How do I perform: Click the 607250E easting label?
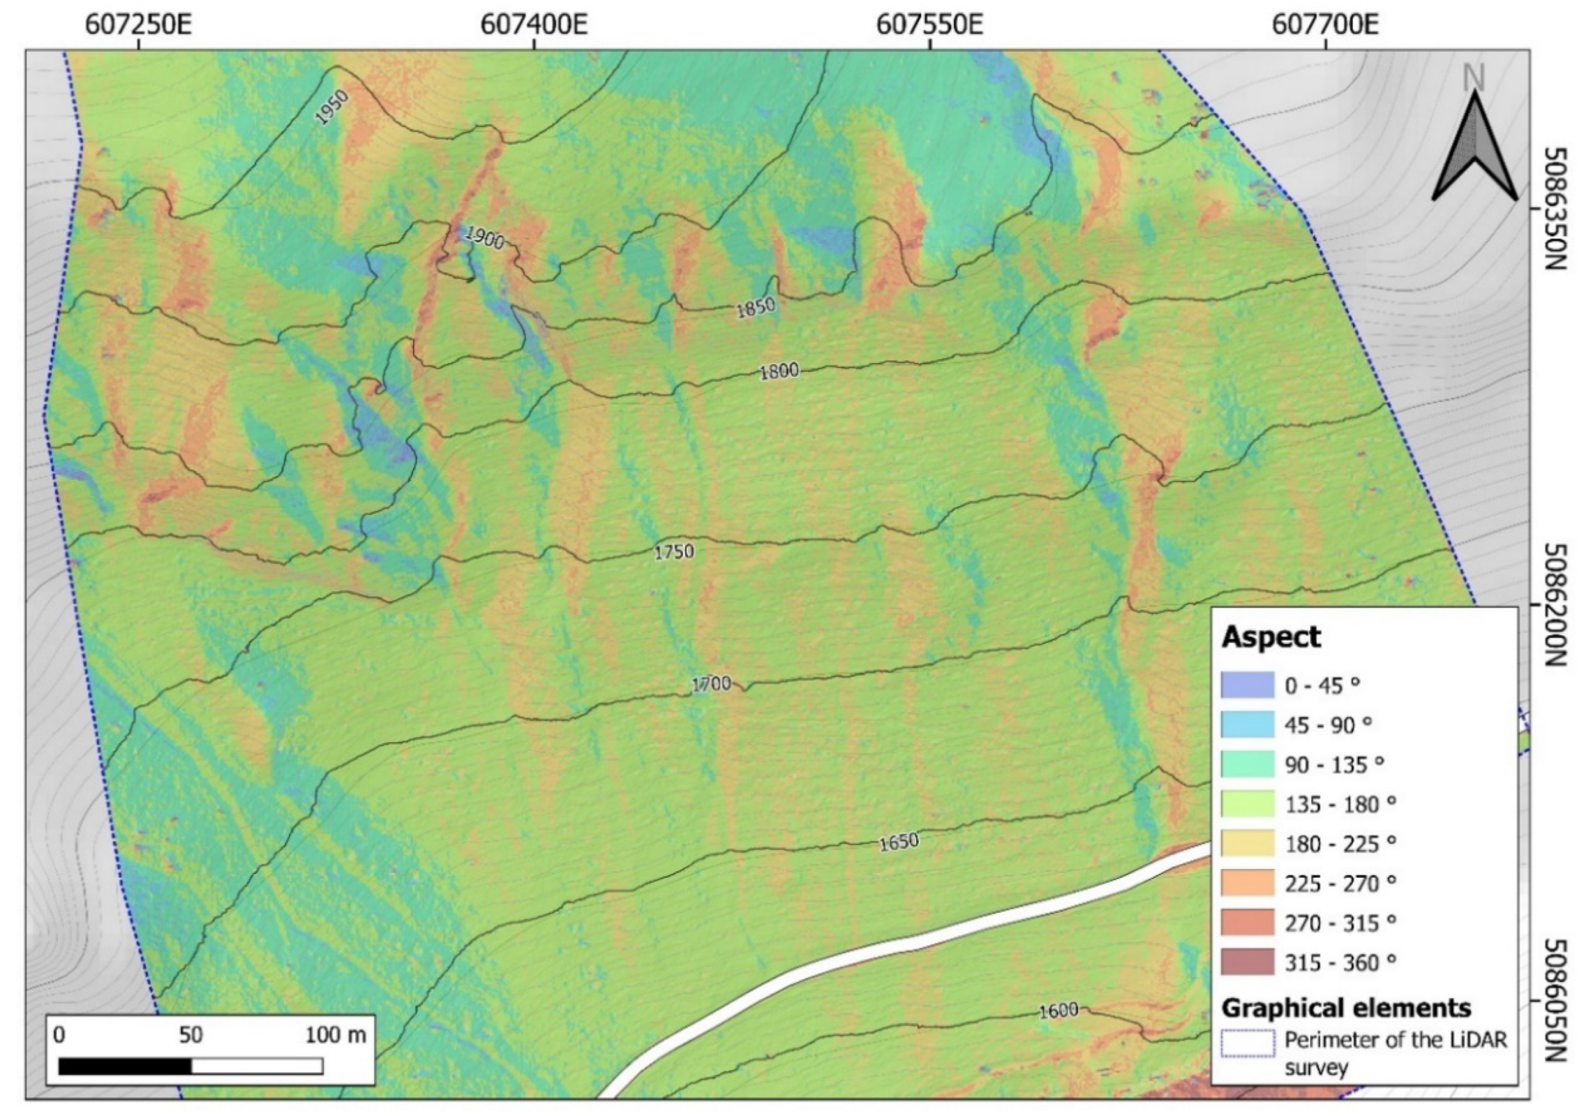pos(138,25)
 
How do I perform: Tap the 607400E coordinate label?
pos(534,25)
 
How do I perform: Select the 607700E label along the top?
pos(1325,25)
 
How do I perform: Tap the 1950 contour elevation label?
pos(332,107)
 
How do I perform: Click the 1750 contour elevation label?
pos(674,552)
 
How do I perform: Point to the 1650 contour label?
pos(899,842)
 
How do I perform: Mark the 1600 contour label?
pos(1058,1011)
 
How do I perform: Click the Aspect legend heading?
pos(1271,636)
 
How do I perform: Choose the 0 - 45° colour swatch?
pos(1247,686)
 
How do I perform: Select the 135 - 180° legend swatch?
pos(1247,804)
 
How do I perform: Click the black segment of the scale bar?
pos(125,1066)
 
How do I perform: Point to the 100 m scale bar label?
pos(336,1035)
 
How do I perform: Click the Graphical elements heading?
pos(1346,1008)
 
